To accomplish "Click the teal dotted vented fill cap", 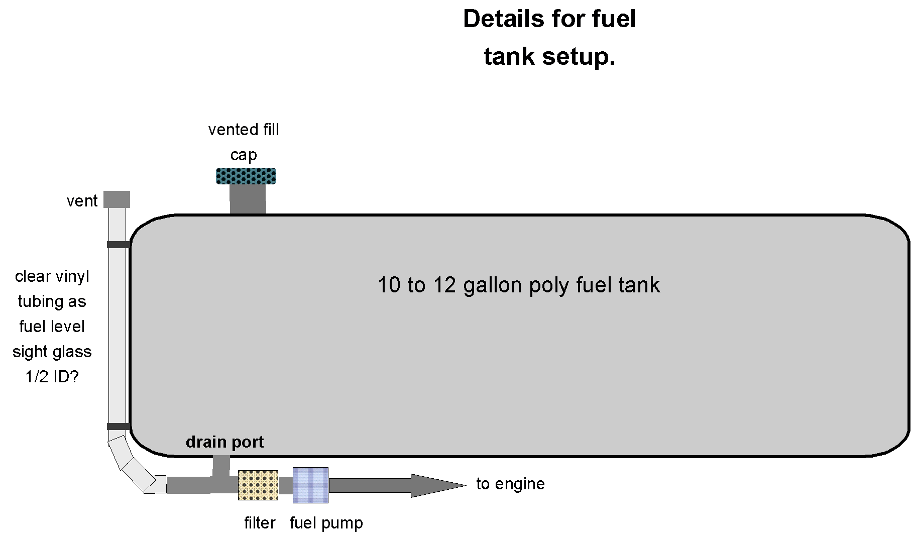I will (x=246, y=176).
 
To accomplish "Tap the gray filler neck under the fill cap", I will (x=248, y=199).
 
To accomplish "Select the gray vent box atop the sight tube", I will (x=117, y=199).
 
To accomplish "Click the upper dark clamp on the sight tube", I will (x=119, y=245).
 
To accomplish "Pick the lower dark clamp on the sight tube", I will (x=119, y=426).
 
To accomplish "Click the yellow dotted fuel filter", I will (x=258, y=485).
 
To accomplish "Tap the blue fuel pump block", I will (x=310, y=485).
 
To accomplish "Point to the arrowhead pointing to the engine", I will (x=437, y=485).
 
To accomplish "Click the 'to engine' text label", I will (x=510, y=484).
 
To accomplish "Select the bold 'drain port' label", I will (x=224, y=442).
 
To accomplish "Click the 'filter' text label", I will (x=260, y=523).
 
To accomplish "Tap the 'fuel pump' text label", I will (x=326, y=523).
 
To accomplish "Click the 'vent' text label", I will (x=82, y=201).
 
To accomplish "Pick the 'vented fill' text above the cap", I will (x=244, y=130).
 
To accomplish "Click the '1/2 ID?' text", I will (x=52, y=377).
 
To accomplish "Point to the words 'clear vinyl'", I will (x=52, y=276).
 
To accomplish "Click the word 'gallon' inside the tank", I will (x=493, y=285).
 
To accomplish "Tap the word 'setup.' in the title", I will (x=579, y=56).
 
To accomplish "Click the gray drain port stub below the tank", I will (x=221, y=466).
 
